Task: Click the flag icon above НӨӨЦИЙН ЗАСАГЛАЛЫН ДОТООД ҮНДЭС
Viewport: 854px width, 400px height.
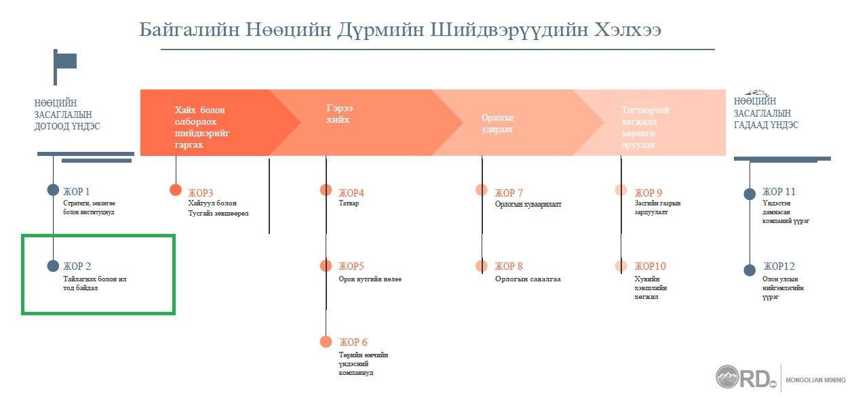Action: [x=64, y=67]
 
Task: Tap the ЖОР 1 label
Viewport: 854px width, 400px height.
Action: [x=76, y=191]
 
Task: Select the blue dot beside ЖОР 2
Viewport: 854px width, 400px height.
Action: [x=53, y=266]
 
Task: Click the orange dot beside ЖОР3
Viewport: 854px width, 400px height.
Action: [x=176, y=190]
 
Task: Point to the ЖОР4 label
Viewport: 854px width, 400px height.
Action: [x=351, y=193]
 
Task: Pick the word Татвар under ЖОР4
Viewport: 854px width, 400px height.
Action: [x=349, y=203]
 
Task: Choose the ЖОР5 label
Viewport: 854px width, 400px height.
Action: [x=351, y=266]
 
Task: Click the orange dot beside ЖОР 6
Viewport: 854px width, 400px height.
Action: [x=326, y=341]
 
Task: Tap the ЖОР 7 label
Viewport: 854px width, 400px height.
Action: [x=509, y=193]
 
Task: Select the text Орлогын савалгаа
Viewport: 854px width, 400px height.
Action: [x=528, y=279]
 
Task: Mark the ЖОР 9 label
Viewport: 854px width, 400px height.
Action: [x=648, y=193]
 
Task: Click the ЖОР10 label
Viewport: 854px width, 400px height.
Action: [x=650, y=266]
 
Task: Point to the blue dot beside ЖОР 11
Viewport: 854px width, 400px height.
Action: [x=750, y=194]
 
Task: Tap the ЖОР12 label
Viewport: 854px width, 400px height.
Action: [x=779, y=266]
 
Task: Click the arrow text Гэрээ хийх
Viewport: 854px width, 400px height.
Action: [x=339, y=114]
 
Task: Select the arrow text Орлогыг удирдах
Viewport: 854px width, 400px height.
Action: [x=497, y=123]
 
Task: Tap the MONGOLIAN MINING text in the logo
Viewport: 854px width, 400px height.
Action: [x=815, y=380]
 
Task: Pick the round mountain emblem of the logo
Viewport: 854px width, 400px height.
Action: [x=727, y=376]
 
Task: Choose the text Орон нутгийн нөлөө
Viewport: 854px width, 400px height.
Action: [x=370, y=279]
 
